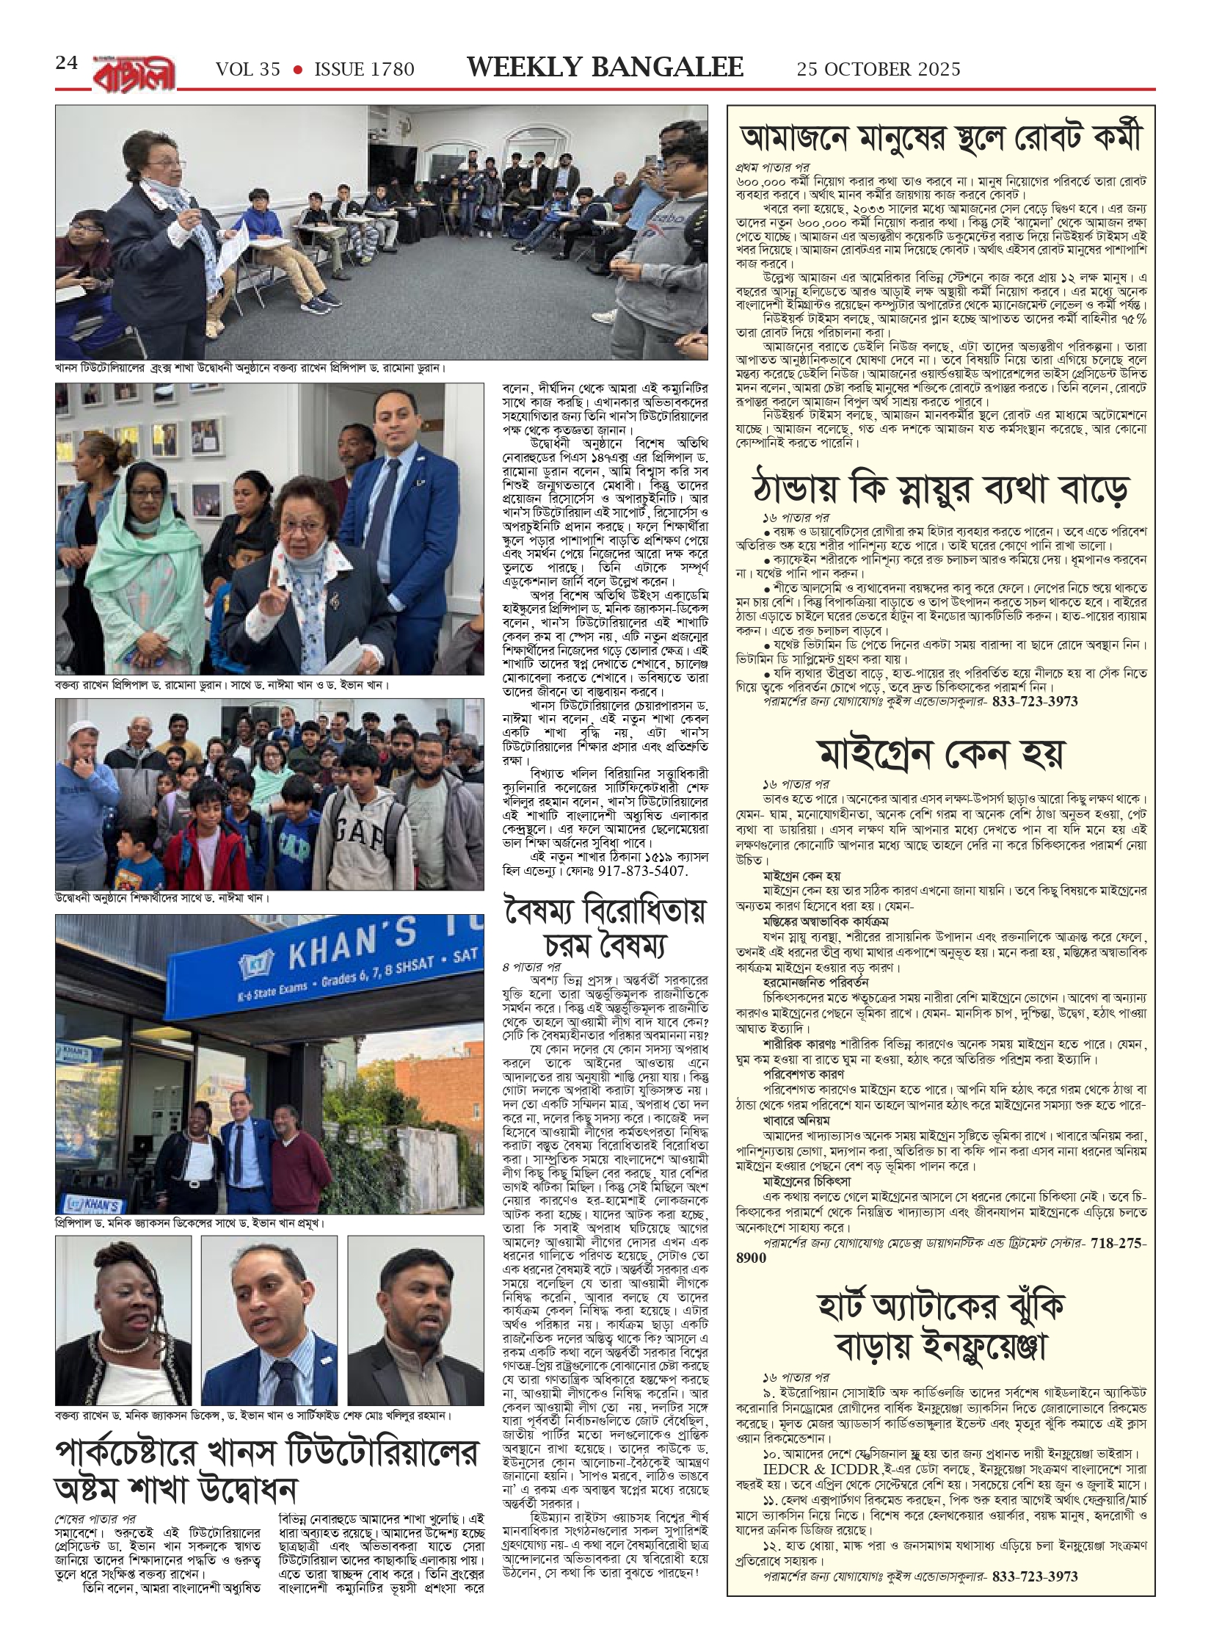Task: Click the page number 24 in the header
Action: click(67, 64)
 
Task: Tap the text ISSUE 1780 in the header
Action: click(364, 70)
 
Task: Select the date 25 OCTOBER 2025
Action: click(879, 69)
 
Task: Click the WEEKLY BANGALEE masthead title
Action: click(605, 68)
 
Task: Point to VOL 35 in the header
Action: click(248, 70)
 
